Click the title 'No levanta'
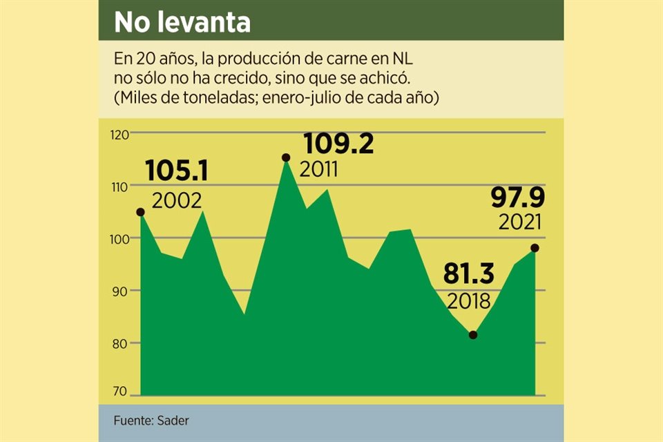click(182, 22)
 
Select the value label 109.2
click(339, 144)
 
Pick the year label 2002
click(177, 200)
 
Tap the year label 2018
click(468, 302)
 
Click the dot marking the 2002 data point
click(140, 212)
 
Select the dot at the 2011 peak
click(286, 158)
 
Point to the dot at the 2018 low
click(473, 335)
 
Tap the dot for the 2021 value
click(535, 248)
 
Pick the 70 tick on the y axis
click(122, 392)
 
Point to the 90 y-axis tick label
click(122, 291)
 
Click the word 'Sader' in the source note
click(173, 421)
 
